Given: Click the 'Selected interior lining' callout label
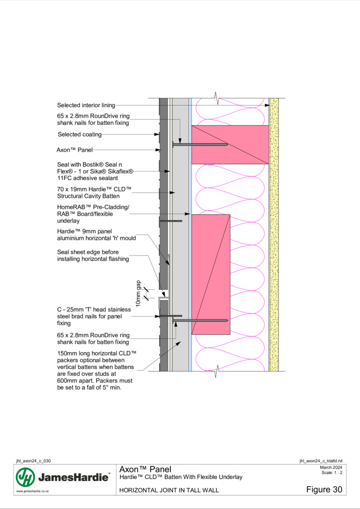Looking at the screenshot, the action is [86, 105].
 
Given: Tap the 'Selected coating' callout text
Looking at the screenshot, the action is [79, 134].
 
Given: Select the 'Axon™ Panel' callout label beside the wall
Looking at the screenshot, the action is [75, 150].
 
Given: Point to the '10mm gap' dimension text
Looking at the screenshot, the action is [138, 293].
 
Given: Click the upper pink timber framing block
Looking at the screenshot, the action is [230, 145].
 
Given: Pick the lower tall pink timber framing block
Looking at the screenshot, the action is [211, 274].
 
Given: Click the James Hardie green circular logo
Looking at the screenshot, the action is [25, 477].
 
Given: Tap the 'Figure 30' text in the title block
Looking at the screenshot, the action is [324, 490].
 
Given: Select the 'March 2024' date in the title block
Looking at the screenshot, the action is [331, 468].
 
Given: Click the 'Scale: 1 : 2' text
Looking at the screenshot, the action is [332, 473].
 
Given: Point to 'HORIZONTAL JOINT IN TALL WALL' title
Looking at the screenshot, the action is [169, 490].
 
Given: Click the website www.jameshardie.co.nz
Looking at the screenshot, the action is [32, 492].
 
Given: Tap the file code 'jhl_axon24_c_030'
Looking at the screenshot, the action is [33, 461].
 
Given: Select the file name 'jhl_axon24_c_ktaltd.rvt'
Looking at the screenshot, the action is [321, 461].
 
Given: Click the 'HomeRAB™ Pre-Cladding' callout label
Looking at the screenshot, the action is [93, 207].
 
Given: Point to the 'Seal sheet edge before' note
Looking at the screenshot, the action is [88, 252].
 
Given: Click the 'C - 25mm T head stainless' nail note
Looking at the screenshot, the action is [94, 310].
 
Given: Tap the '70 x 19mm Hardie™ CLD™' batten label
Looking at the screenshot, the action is [94, 189].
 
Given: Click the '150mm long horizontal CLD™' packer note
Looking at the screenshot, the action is [96, 353].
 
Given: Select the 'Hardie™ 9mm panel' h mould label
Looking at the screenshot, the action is [84, 232].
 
